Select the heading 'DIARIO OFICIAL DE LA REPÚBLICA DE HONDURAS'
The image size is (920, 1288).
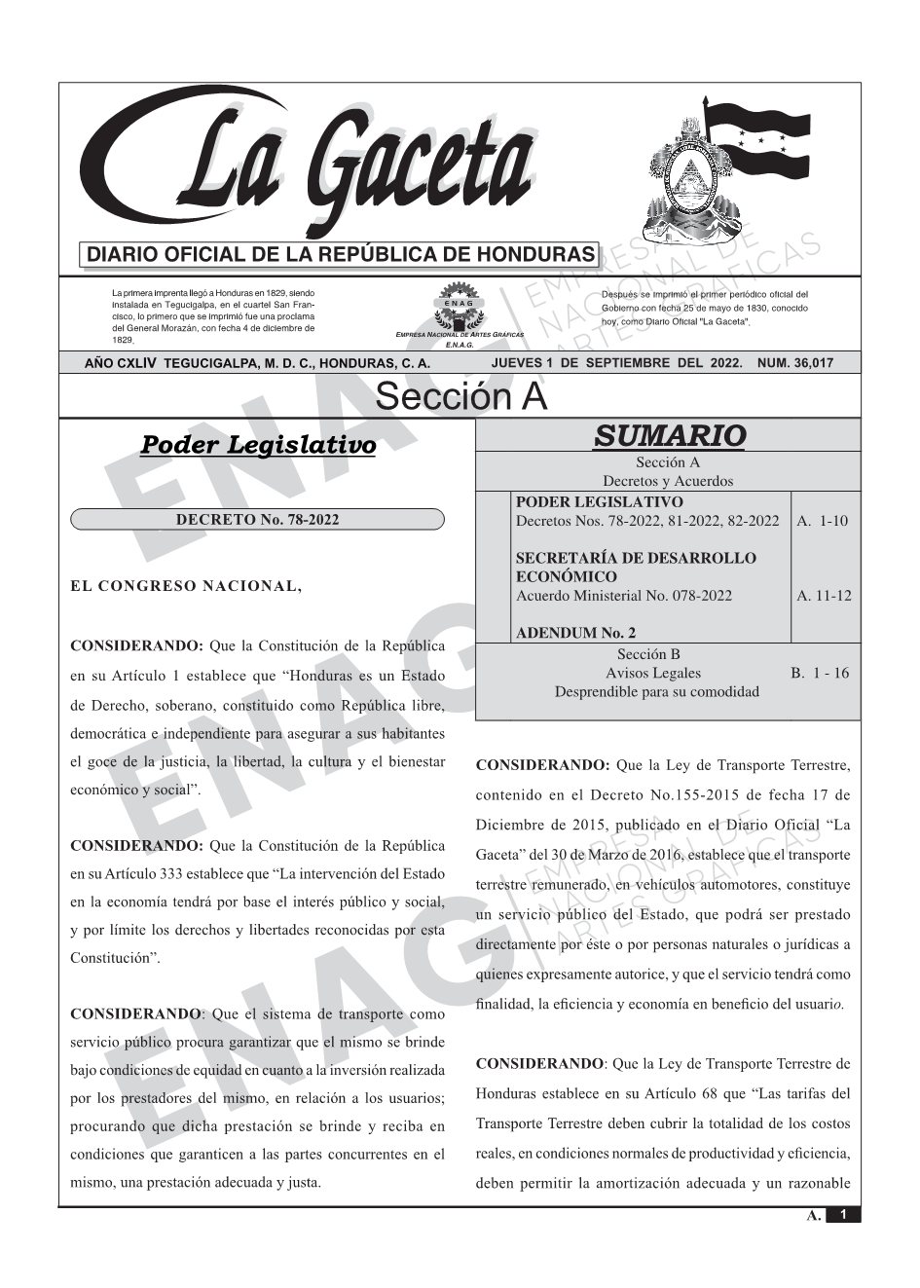click(341, 255)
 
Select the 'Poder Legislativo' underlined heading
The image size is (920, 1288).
click(258, 446)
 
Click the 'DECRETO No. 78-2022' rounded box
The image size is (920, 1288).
click(257, 520)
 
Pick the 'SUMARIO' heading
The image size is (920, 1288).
click(669, 435)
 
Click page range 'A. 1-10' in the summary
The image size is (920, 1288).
click(822, 521)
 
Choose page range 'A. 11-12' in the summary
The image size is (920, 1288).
click(824, 596)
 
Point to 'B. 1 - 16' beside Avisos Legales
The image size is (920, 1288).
click(820, 673)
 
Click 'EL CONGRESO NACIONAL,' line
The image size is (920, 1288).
click(186, 586)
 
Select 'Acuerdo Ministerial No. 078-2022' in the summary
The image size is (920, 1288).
click(623, 596)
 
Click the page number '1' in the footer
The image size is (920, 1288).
click(843, 1215)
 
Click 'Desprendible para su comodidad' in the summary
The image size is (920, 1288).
click(656, 691)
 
